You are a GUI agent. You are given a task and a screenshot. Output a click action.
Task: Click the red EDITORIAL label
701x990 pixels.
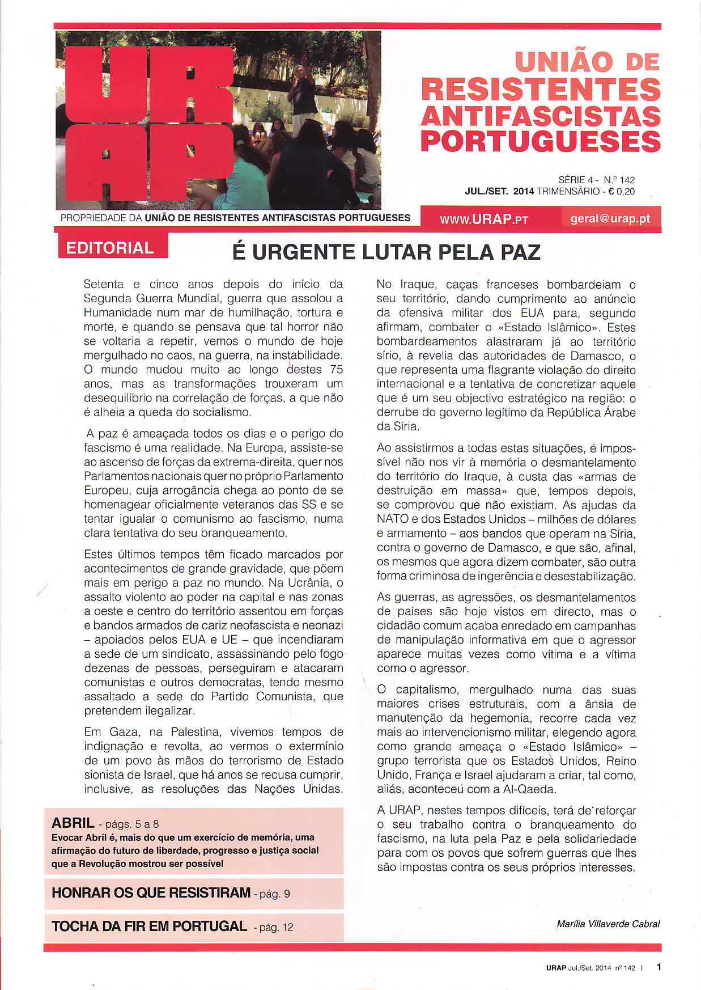click(110, 248)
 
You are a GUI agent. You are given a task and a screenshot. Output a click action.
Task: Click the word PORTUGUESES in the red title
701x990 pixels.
click(541, 141)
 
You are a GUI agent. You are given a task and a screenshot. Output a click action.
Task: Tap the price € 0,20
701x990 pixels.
click(621, 192)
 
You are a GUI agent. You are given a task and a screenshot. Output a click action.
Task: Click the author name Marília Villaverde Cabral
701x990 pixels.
click(608, 924)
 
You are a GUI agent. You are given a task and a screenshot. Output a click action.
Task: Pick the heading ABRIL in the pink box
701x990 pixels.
click(73, 823)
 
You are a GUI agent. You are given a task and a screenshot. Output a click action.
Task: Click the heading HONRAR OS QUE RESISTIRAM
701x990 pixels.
click(151, 892)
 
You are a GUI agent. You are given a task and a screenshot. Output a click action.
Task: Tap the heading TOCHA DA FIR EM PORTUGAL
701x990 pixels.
click(149, 926)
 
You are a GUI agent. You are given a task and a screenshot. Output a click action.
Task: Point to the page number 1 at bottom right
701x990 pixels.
click(659, 967)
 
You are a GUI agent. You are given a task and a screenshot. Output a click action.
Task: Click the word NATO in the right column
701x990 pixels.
click(392, 519)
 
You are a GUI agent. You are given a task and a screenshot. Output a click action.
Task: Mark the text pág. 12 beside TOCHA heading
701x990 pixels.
click(276, 928)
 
